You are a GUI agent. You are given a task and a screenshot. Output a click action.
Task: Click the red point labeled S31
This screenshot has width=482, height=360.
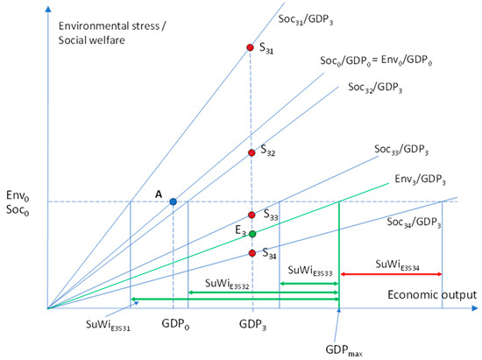point(252,49)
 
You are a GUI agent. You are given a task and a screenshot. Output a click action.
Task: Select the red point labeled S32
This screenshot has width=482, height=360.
point(252,152)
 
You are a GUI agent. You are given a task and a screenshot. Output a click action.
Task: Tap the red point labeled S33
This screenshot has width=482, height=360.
point(252,215)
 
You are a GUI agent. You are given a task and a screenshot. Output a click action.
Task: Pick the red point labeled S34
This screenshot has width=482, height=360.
point(252,254)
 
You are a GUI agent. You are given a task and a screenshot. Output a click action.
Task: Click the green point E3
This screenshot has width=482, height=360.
point(252,234)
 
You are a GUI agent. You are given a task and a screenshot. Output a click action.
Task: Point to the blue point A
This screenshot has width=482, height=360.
point(173,202)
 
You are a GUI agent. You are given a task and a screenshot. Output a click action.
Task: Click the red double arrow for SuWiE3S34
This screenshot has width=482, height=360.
point(390,275)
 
